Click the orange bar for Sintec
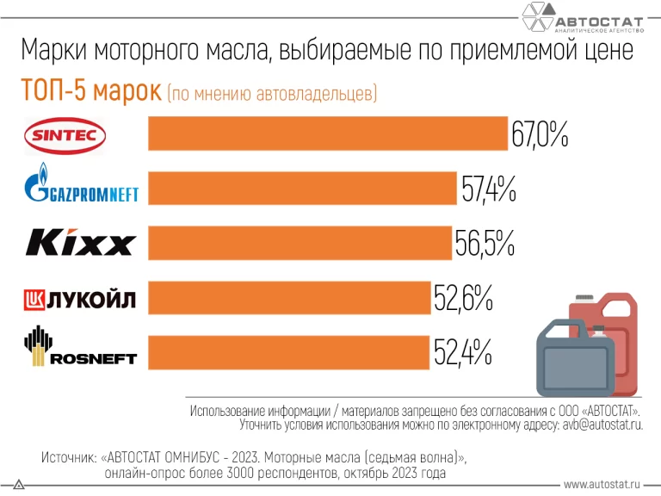(x=328, y=133)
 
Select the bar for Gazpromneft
(x=302, y=189)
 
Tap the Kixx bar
(x=300, y=243)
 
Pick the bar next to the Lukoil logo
(x=289, y=298)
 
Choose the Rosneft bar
(x=288, y=352)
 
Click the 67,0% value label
(x=540, y=135)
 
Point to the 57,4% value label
(x=488, y=189)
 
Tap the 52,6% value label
(x=462, y=299)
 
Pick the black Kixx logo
(x=80, y=243)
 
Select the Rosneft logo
(x=79, y=349)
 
